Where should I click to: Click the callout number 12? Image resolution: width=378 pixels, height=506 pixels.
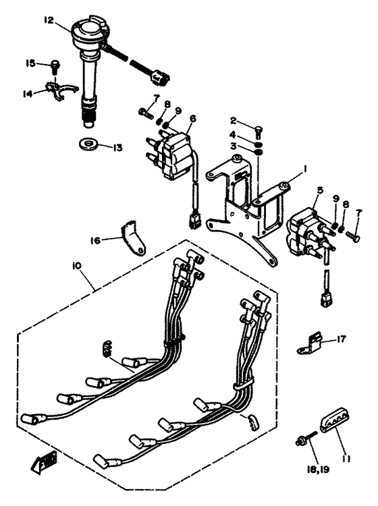(49, 20)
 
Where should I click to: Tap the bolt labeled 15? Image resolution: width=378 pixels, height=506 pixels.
(55, 67)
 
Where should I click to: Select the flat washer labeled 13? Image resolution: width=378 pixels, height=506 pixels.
(89, 144)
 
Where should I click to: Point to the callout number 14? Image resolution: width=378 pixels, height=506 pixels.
(28, 94)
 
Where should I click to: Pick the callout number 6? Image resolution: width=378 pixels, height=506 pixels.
(192, 119)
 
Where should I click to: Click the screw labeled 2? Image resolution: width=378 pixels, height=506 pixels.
(259, 132)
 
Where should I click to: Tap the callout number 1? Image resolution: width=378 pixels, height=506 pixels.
(304, 169)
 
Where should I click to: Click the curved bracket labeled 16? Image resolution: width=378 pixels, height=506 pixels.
(132, 238)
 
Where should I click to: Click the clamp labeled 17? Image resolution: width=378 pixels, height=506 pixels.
(309, 343)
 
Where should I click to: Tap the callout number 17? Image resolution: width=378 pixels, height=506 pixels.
(341, 339)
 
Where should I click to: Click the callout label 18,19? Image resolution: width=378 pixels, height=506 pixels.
(318, 469)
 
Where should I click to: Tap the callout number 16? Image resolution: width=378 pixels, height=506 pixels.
(96, 240)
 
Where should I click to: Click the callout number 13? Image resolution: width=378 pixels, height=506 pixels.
(117, 148)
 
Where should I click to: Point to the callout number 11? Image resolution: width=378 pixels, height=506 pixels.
(347, 458)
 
